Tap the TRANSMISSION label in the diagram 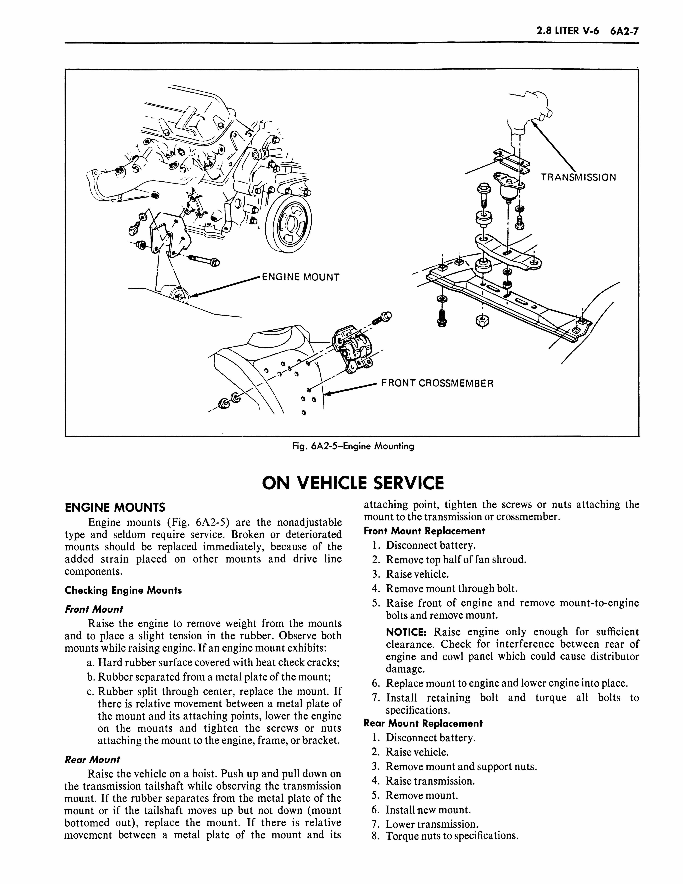[578, 177]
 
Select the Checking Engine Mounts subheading [123, 590]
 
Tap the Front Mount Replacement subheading [424, 531]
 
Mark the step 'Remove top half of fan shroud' [456, 560]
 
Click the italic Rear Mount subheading [92, 760]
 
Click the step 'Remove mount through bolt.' [451, 589]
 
